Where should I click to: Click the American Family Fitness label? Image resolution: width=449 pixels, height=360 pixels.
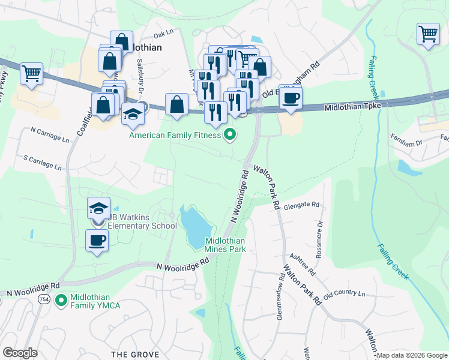click(x=175, y=135)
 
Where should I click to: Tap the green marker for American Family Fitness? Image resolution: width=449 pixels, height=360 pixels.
click(x=229, y=135)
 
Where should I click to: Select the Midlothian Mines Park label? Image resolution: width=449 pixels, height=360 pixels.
click(x=225, y=244)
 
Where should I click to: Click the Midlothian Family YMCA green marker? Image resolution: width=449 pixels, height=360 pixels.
click(x=60, y=299)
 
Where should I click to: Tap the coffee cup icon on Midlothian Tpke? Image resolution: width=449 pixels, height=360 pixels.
click(x=291, y=98)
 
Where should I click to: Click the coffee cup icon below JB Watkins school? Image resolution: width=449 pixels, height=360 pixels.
click(x=97, y=241)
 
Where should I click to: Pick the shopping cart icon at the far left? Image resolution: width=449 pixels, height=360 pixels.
click(x=31, y=74)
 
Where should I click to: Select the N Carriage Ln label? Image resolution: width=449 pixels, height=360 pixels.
click(x=50, y=134)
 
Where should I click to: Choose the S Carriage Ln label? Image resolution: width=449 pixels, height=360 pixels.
click(x=42, y=163)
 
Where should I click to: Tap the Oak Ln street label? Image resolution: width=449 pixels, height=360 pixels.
click(x=163, y=35)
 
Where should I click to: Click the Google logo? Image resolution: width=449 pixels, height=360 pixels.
click(x=20, y=353)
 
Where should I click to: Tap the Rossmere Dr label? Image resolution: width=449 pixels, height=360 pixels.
click(x=320, y=232)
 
